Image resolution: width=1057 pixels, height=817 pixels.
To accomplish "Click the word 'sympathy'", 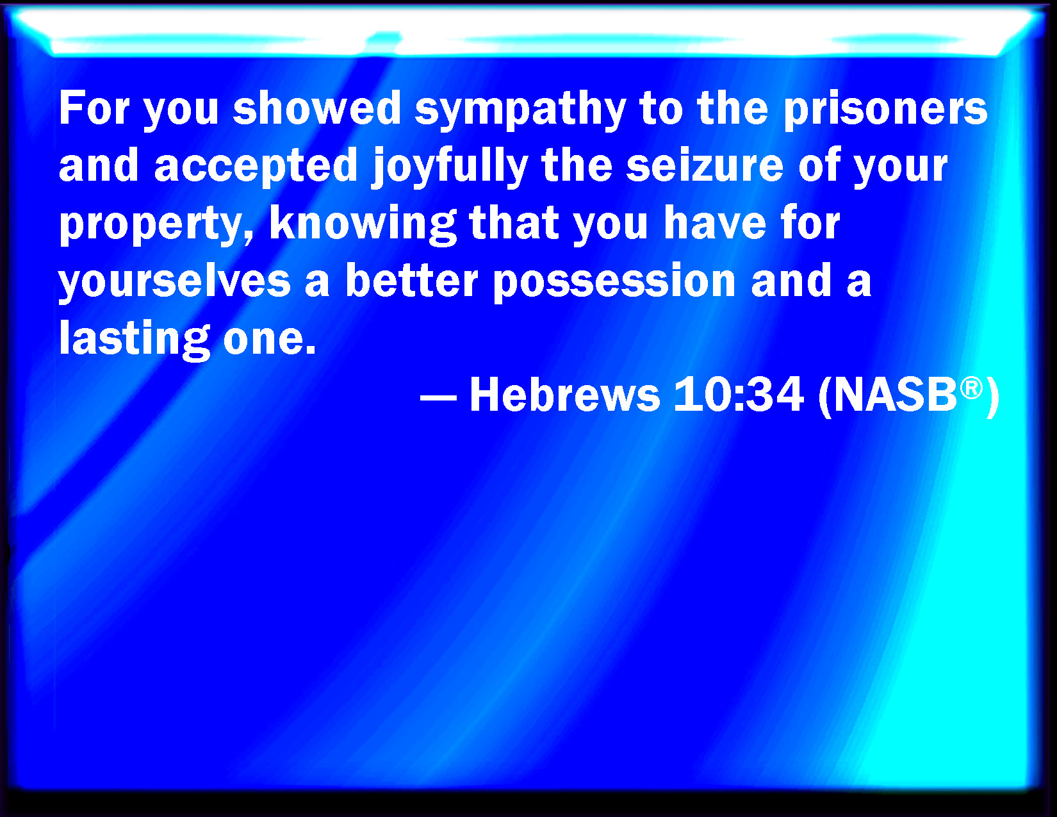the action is click(520, 110).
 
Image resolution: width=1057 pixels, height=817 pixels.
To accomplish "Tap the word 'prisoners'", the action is click(886, 110).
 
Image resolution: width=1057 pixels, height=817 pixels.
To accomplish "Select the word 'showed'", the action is click(316, 108).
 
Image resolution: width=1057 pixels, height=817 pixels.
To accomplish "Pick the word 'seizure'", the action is click(705, 165).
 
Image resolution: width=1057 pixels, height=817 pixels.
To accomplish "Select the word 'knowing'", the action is click(363, 226).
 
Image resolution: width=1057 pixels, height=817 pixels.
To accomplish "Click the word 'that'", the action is click(514, 223).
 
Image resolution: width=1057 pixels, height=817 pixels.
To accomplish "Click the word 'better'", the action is click(412, 280).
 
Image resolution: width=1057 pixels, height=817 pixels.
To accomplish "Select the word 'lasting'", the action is click(135, 340).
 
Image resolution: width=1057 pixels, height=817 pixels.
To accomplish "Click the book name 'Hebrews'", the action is click(565, 394).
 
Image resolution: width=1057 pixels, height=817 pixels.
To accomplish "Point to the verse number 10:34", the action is click(739, 394).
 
